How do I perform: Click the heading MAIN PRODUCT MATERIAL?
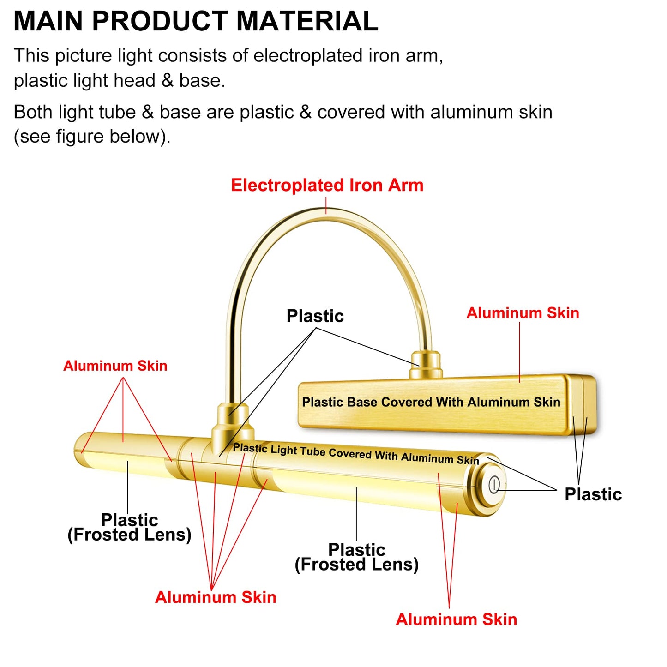click(x=196, y=21)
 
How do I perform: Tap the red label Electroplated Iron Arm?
click(x=327, y=185)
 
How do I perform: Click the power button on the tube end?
click(x=494, y=484)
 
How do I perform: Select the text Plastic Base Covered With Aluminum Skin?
click(x=431, y=402)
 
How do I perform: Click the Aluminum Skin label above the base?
click(x=523, y=313)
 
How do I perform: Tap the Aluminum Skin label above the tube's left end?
click(x=115, y=366)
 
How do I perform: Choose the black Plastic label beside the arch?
click(x=315, y=316)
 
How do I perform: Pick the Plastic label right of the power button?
click(x=593, y=494)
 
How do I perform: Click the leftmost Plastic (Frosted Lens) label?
click(x=129, y=527)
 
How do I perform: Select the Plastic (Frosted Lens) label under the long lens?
click(x=356, y=557)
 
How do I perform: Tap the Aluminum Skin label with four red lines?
click(x=216, y=597)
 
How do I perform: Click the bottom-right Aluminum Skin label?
click(x=456, y=619)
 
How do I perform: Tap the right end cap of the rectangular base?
click(x=581, y=404)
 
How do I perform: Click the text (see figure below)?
click(x=92, y=137)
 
